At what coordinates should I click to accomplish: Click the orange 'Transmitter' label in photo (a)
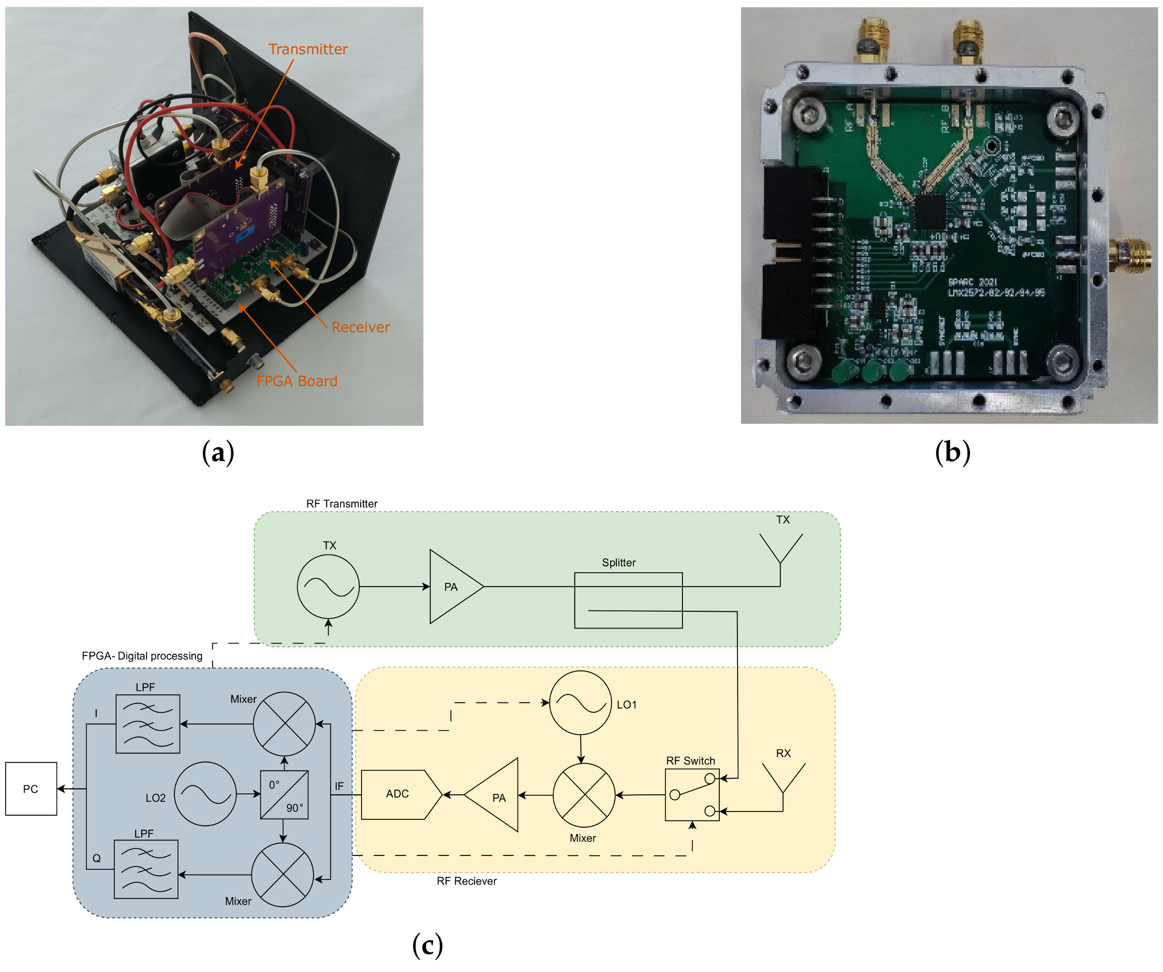tap(308, 49)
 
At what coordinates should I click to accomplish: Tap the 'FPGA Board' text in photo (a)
tap(296, 381)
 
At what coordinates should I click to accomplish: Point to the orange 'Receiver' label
tap(361, 327)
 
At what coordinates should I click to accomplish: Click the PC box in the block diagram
tap(31, 789)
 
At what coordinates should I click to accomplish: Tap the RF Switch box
tap(692, 794)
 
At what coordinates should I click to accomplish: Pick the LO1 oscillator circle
tap(580, 703)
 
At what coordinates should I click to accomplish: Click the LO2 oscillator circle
tap(205, 794)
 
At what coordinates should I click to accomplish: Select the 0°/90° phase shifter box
tap(284, 794)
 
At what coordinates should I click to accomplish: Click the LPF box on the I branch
tap(148, 723)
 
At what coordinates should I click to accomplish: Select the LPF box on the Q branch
tap(146, 869)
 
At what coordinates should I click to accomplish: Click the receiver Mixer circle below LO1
tap(584, 795)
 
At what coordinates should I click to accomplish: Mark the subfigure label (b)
tap(952, 452)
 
